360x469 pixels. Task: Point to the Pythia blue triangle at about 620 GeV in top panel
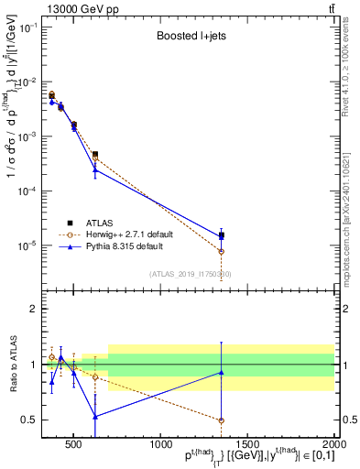[x=95, y=169]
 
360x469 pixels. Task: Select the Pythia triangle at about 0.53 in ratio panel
[x=95, y=416]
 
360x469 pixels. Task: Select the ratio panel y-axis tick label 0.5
[x=30, y=420]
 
